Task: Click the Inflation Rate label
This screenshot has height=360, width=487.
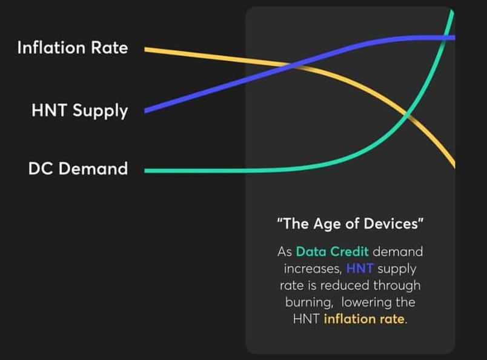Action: pyautogui.click(x=73, y=48)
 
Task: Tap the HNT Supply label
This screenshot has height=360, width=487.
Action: pyautogui.click(x=79, y=111)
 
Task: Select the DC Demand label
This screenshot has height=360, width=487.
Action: pyautogui.click(x=78, y=168)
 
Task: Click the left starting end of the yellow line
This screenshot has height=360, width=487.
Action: pyautogui.click(x=145, y=50)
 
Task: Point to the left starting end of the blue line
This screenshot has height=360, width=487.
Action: pyautogui.click(x=145, y=110)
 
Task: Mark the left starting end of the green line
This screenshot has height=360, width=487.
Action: pyautogui.click(x=145, y=171)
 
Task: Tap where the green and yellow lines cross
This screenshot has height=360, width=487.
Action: pyautogui.click(x=408, y=116)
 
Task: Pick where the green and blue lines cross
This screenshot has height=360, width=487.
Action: pyautogui.click(x=446, y=38)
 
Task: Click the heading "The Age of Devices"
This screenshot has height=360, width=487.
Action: pyautogui.click(x=350, y=224)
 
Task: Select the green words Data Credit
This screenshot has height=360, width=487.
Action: pyautogui.click(x=333, y=252)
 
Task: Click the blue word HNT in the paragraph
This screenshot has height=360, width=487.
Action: pyautogui.click(x=360, y=268)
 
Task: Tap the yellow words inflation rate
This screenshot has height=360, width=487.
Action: pyautogui.click(x=364, y=319)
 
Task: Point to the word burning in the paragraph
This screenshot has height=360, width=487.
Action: pyautogui.click(x=309, y=302)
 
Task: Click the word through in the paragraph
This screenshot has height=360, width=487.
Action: pyautogui.click(x=397, y=285)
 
